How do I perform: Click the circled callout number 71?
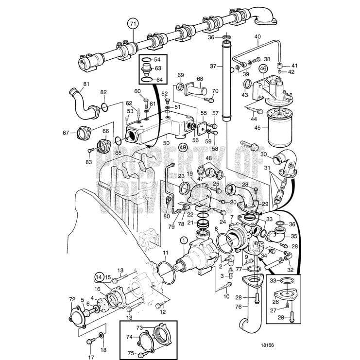pos(133,23)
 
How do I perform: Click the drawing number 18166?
pos(267,346)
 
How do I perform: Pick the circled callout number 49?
pos(183,147)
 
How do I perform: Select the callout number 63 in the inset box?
pos(158,69)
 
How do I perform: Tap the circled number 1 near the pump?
pos(183,239)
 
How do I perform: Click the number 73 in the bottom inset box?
pos(139,328)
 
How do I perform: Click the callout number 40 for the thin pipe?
pos(257,36)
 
